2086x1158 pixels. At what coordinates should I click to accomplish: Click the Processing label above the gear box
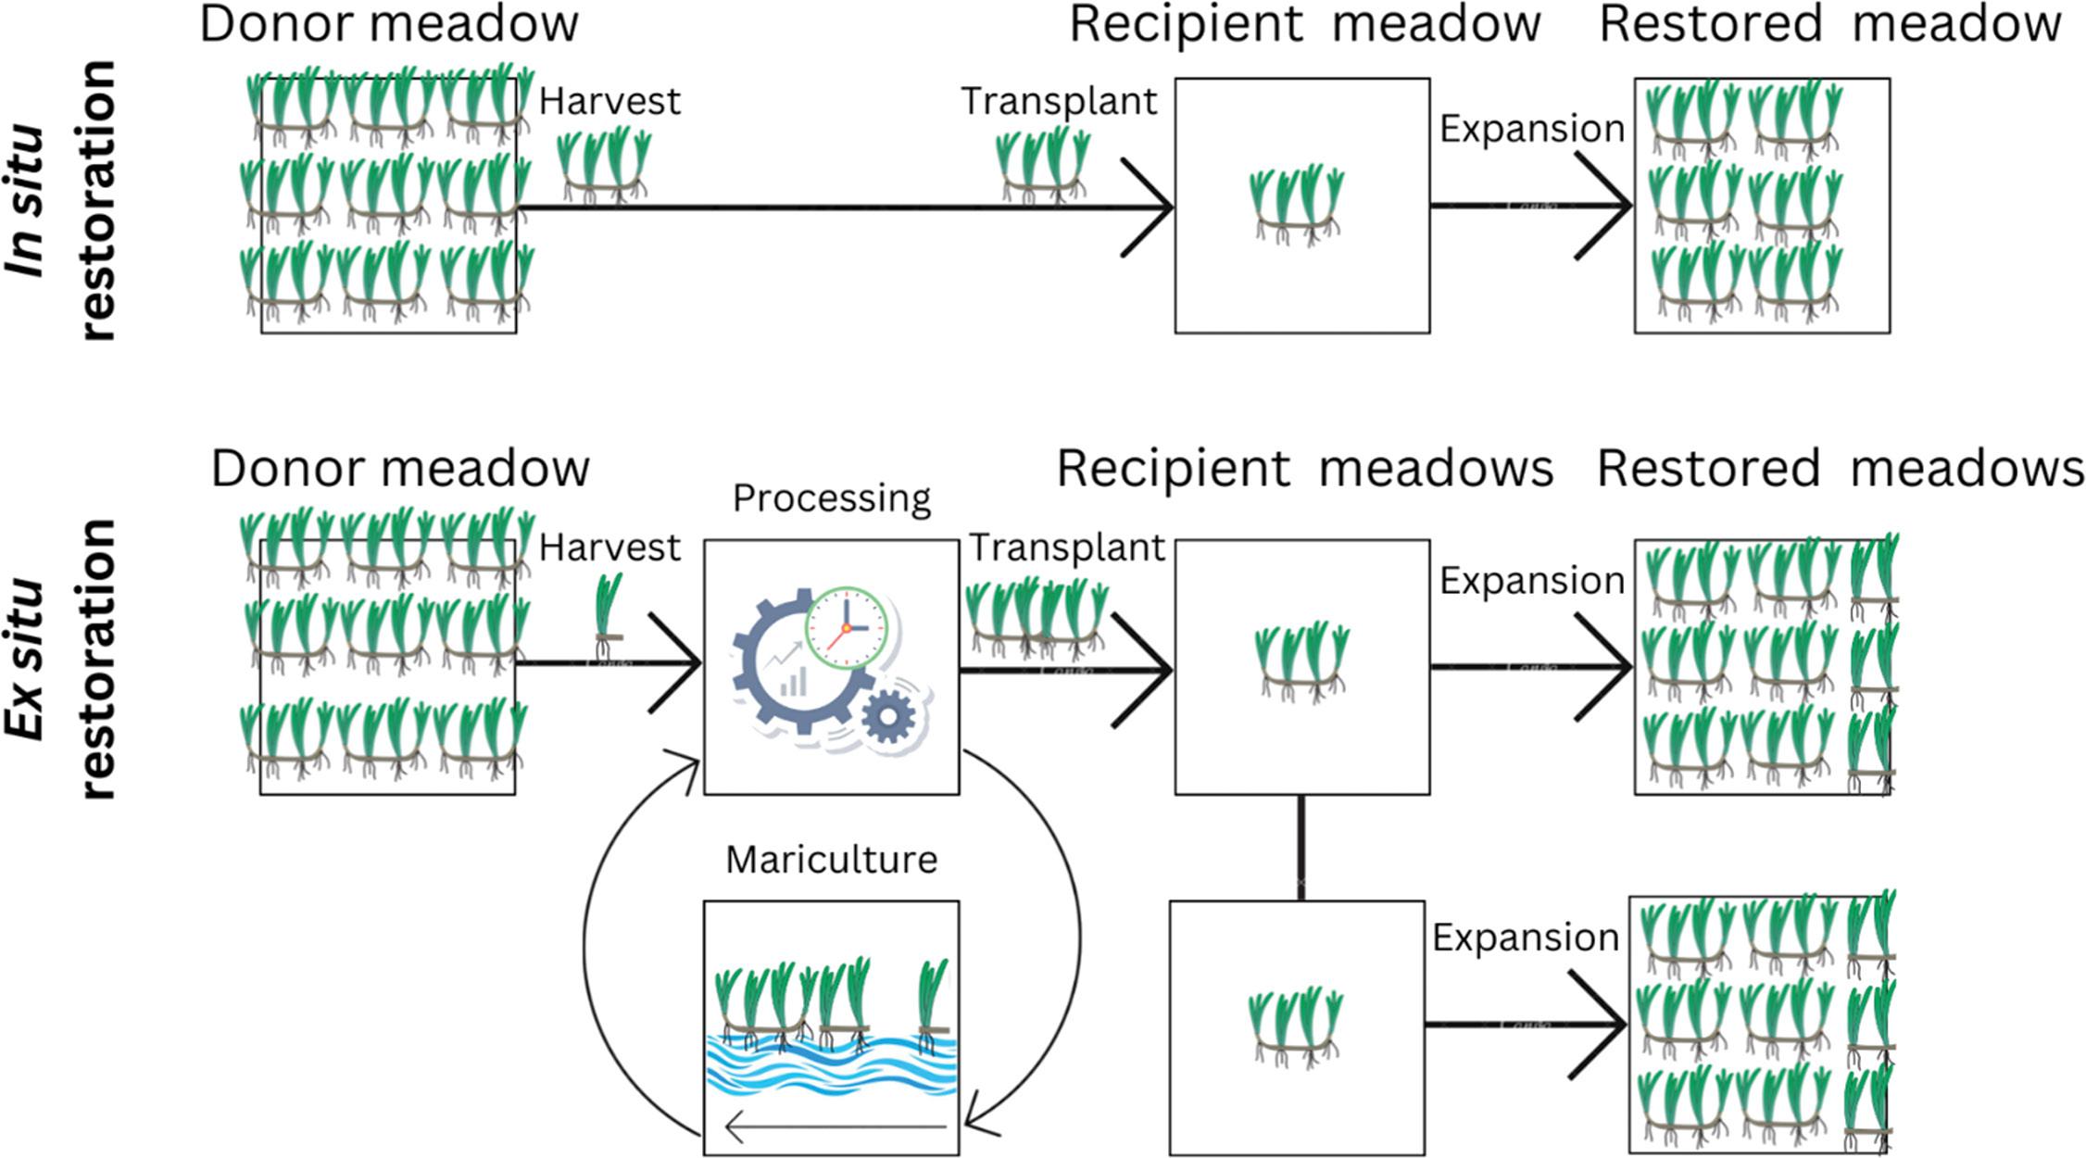pos(831,498)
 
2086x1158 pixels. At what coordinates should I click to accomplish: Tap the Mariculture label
pos(831,860)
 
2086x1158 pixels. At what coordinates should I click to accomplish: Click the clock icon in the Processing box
pos(845,627)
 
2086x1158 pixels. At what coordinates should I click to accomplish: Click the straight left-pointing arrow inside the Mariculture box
pos(834,1127)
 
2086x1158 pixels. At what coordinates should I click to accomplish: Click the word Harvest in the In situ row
pos(609,101)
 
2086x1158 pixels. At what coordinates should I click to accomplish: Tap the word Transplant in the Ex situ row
pos(1066,548)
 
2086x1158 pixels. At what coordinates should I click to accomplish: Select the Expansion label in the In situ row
pos(1531,129)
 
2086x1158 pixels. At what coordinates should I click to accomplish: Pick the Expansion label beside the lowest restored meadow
pos(1525,938)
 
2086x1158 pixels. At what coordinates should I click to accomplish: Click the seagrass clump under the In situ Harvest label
pos(605,165)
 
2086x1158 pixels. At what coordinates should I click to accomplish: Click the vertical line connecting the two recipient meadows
pos(1301,847)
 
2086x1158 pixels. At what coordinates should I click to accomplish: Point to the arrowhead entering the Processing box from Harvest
pos(681,663)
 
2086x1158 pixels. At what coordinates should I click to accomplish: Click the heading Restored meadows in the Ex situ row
pos(1840,469)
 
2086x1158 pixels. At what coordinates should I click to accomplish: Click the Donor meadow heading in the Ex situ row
pos(400,469)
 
